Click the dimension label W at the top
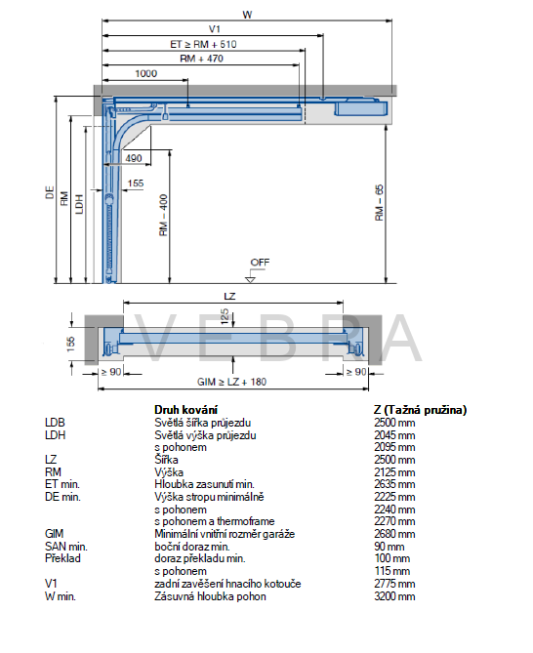click(x=247, y=15)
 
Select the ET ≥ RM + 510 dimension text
click(x=203, y=44)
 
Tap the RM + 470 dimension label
click(x=201, y=59)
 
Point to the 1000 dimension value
click(x=146, y=74)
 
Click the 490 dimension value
click(x=134, y=158)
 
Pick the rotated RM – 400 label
click(x=163, y=215)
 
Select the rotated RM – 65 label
click(x=379, y=202)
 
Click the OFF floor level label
click(x=260, y=263)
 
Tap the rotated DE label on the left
click(x=50, y=192)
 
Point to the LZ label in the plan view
click(x=229, y=296)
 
